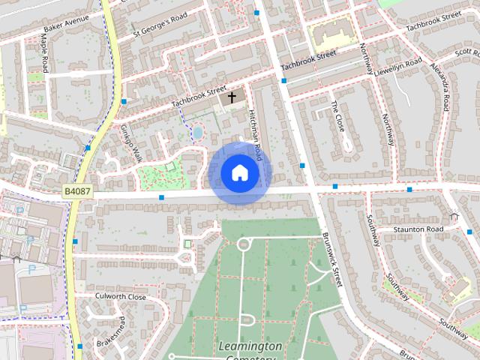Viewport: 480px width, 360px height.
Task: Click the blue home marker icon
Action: (240, 173)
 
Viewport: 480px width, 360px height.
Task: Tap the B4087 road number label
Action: (77, 192)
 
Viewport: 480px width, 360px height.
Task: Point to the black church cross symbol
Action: (232, 97)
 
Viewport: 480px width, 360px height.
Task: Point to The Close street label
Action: (337, 116)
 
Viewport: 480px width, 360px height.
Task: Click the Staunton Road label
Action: (418, 229)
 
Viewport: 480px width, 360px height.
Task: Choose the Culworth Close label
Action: (120, 296)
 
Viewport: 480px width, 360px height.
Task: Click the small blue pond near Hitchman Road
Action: (197, 133)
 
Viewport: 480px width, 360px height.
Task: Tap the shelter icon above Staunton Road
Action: (454, 217)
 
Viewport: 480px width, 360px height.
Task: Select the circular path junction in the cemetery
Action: (243, 244)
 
